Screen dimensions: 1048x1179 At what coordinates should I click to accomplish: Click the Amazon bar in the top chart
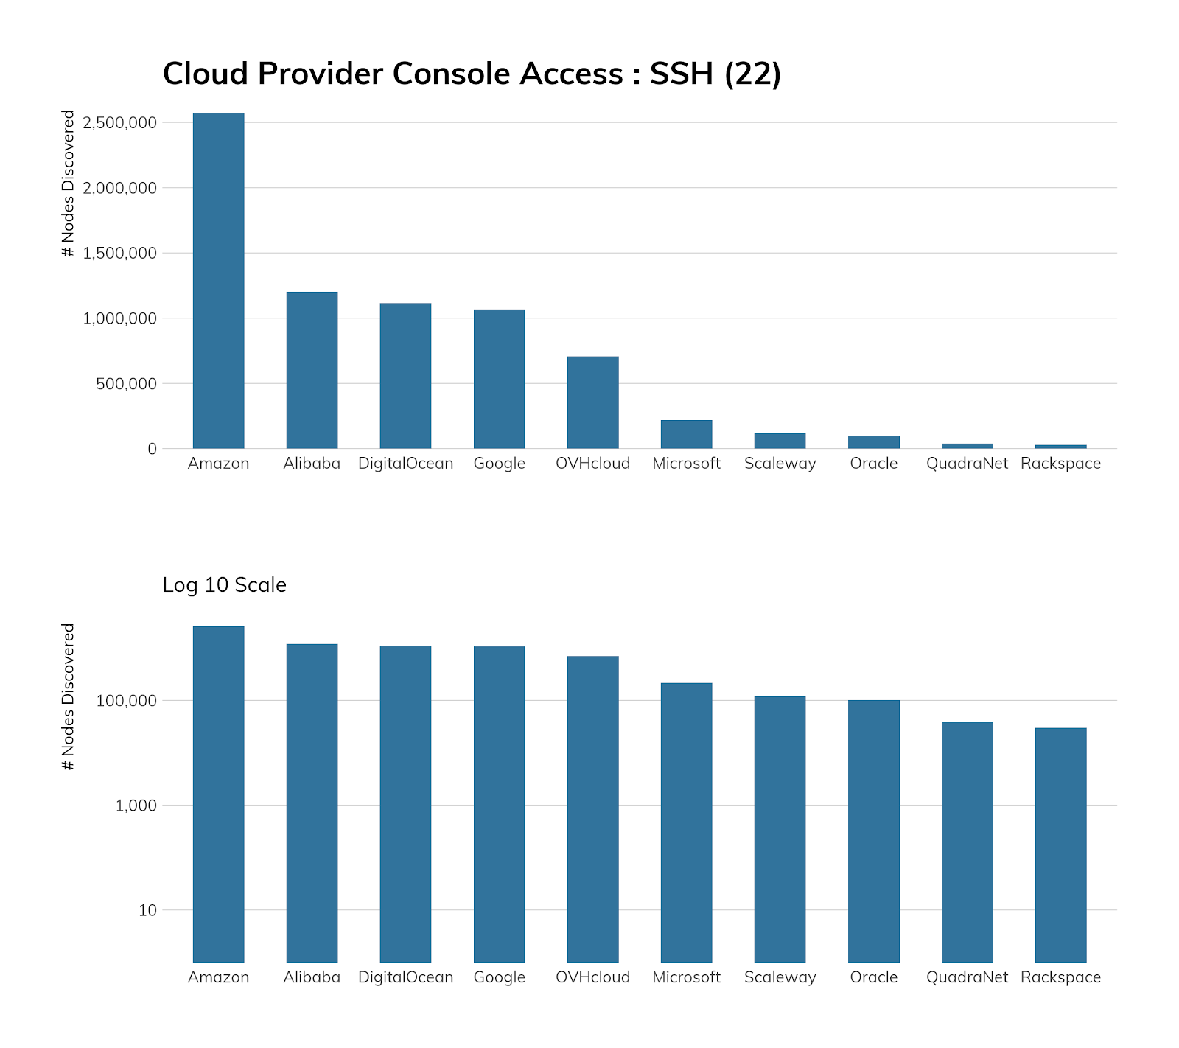(218, 280)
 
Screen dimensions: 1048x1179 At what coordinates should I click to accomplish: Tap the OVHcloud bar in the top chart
(592, 402)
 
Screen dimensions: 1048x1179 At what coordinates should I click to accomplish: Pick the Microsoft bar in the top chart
(686, 434)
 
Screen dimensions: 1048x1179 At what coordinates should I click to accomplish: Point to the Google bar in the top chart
(499, 379)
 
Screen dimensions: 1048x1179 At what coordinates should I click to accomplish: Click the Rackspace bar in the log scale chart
(1060, 845)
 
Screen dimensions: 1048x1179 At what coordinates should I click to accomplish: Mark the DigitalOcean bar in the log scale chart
(405, 803)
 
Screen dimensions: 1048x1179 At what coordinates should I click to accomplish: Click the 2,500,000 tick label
(120, 122)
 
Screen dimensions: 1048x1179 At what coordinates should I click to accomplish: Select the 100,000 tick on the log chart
(126, 700)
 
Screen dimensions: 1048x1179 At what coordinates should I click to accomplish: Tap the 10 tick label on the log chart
(147, 910)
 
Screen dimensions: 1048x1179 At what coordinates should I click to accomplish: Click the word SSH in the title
(681, 74)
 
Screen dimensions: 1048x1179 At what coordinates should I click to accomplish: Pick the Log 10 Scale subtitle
(224, 585)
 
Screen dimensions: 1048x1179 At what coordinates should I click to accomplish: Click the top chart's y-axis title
(69, 184)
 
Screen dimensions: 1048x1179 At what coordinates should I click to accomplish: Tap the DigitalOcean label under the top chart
(405, 464)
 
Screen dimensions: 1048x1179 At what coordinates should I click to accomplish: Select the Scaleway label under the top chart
(780, 464)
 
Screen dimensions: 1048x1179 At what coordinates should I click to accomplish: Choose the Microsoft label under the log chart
(686, 977)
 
